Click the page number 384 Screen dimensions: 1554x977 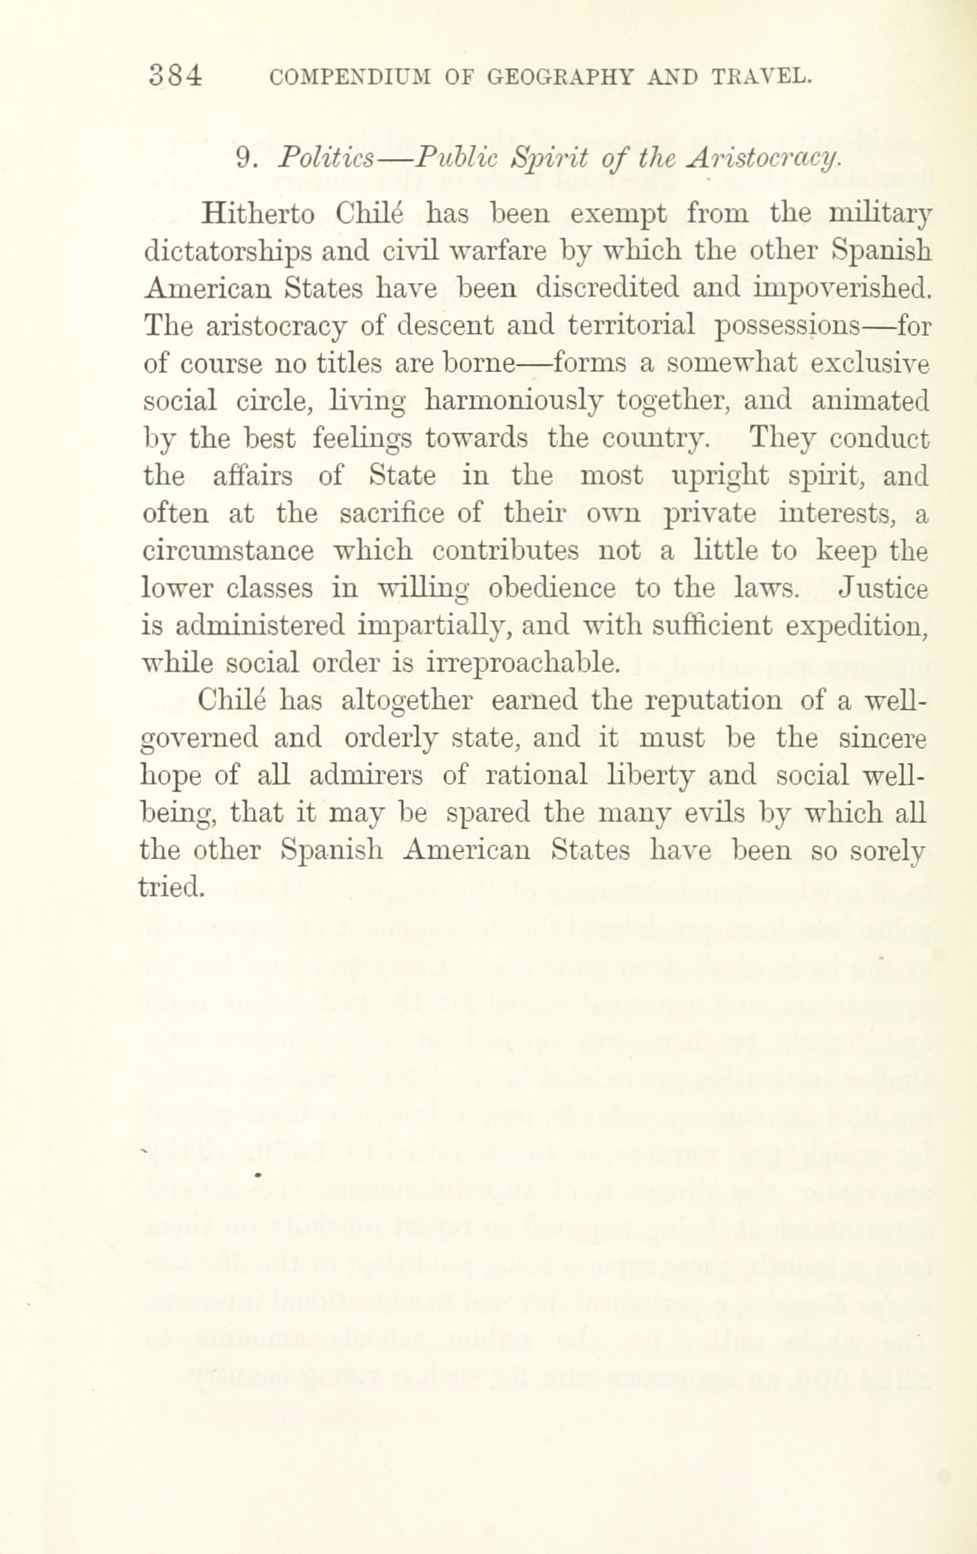[x=175, y=76]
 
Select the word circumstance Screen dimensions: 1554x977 [x=228, y=551]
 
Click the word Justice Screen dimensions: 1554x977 [x=883, y=588]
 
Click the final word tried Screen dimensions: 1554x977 [x=170, y=887]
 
